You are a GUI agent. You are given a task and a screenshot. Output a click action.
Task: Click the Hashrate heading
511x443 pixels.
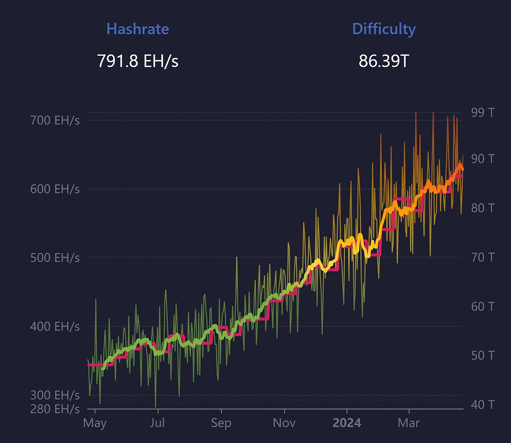click(138, 29)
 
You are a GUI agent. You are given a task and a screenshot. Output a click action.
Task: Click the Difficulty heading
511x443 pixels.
click(384, 29)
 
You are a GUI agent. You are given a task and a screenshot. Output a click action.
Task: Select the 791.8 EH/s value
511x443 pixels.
click(138, 61)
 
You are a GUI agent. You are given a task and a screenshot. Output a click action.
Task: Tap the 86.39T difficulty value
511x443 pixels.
click(384, 61)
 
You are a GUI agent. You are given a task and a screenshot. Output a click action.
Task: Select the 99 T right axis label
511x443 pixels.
click(483, 112)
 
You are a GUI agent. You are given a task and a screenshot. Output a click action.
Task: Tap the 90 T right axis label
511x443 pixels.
click(483, 158)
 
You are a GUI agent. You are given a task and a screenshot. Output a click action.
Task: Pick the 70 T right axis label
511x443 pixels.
click(483, 257)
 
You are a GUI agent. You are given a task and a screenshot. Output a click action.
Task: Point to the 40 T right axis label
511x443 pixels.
click(483, 404)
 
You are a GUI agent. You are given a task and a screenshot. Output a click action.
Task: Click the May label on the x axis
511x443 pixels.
click(95, 423)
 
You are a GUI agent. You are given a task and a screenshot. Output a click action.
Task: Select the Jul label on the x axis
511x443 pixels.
click(157, 423)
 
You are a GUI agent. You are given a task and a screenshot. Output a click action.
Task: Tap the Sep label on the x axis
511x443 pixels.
click(221, 423)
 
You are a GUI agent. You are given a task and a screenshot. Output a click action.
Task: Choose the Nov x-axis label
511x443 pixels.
click(285, 423)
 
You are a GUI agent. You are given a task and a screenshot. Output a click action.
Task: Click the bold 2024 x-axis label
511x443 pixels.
click(347, 423)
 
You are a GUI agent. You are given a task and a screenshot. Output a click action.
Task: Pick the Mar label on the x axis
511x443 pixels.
click(409, 423)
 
